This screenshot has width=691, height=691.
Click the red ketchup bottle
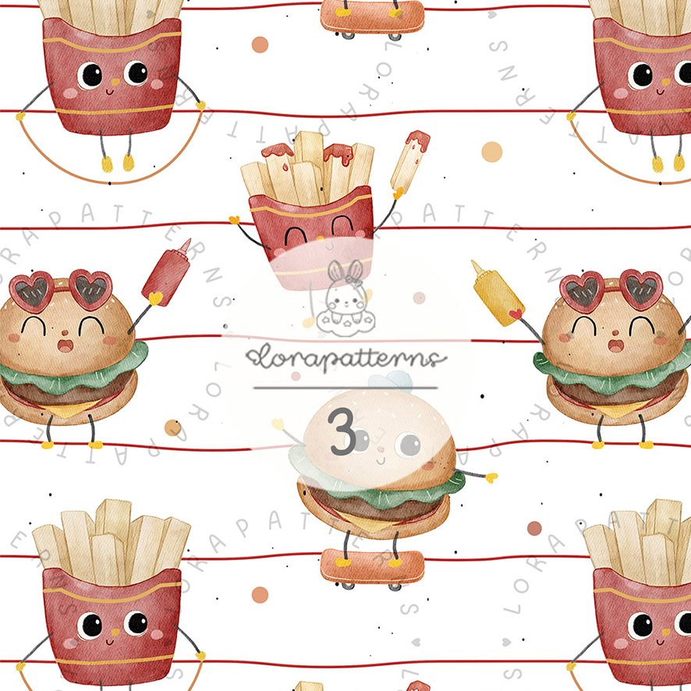[167, 272]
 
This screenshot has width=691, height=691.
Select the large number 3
[342, 431]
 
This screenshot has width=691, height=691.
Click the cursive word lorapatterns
[346, 358]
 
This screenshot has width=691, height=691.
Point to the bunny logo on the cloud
[345, 299]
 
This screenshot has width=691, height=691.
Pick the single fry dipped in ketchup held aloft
[409, 161]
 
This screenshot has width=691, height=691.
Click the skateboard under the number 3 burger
[372, 569]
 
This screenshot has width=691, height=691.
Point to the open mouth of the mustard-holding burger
[615, 345]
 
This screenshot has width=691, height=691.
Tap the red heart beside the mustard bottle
[516, 314]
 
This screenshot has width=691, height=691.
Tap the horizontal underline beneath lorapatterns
[345, 388]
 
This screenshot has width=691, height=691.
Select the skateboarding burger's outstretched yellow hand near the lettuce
[491, 477]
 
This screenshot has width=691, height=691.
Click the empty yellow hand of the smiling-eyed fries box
[235, 219]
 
